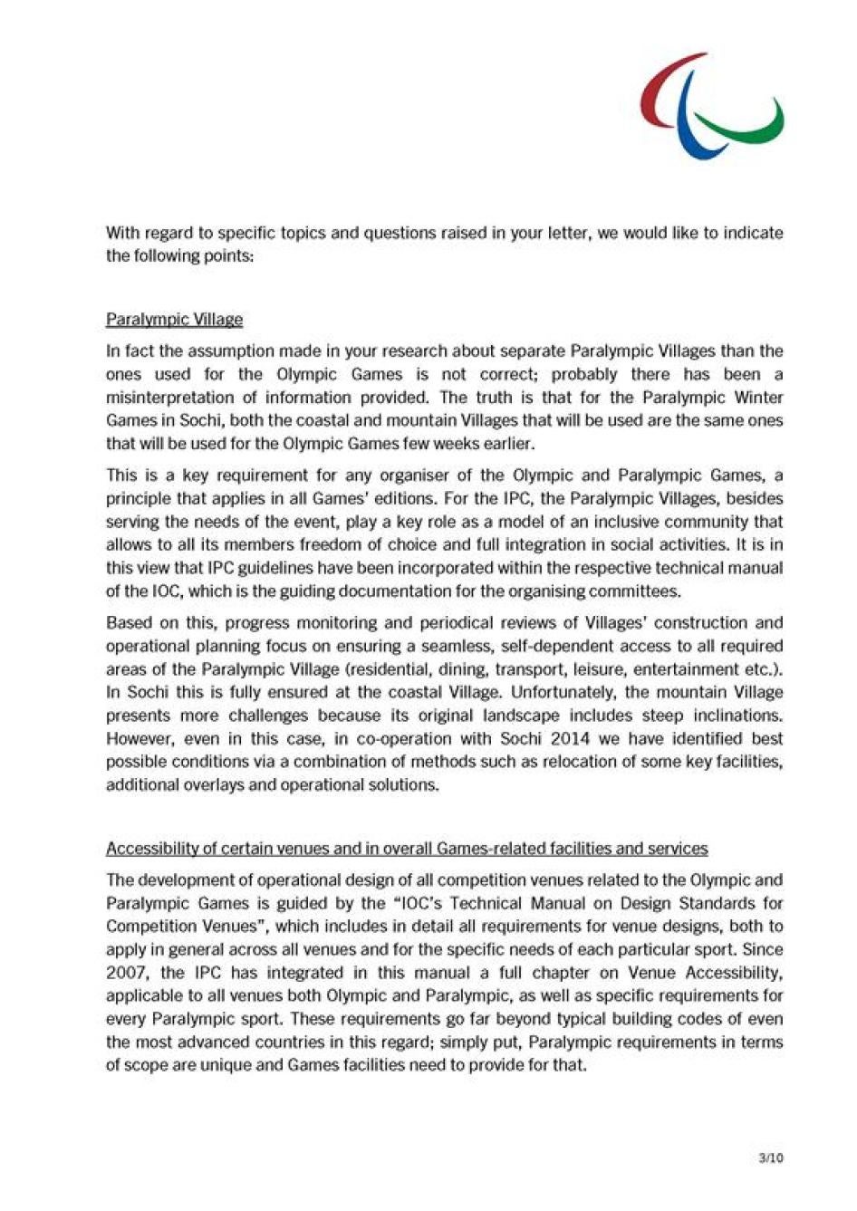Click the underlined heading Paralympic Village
point(174,319)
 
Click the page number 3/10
point(770,1158)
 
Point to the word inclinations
point(737,716)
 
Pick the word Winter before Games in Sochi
point(758,397)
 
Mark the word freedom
point(311,544)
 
